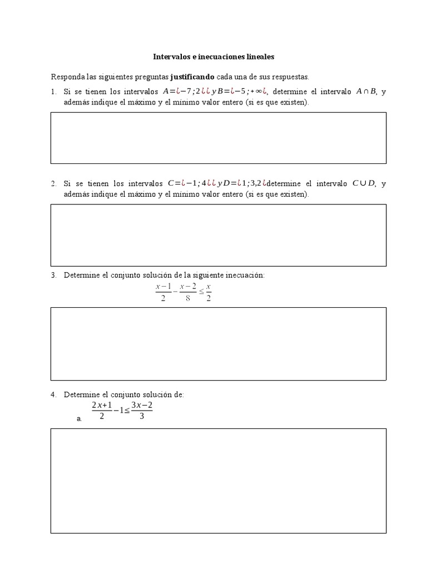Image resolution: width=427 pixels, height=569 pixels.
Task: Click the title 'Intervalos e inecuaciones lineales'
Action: (213, 57)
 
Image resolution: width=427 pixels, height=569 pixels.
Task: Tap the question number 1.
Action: (53, 92)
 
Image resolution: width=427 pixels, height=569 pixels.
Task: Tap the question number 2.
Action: (53, 183)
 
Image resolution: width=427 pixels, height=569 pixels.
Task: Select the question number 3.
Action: (53, 275)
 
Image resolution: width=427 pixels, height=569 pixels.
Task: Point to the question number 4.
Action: (53, 395)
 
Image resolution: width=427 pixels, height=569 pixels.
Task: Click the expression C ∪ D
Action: (364, 183)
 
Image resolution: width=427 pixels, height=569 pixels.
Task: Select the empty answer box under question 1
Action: (219, 138)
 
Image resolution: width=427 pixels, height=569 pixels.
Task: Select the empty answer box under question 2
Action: (219, 235)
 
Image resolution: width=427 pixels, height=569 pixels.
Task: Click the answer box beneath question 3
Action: (219, 343)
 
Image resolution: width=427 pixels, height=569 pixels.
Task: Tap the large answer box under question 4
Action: (219, 481)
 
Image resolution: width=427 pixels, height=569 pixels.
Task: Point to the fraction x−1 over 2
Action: (163, 292)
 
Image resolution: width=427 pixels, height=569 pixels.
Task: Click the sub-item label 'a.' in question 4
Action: (80, 419)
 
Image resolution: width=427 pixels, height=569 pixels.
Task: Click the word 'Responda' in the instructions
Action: (66, 76)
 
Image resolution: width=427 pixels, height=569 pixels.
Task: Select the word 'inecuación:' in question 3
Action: (246, 275)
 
